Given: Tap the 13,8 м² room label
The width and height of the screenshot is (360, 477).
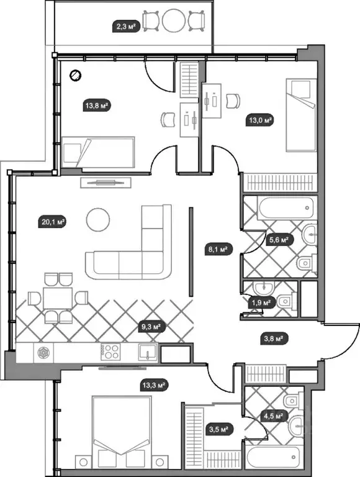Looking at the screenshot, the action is pyautogui.click(x=97, y=106).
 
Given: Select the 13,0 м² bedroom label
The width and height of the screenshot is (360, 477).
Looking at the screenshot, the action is pyautogui.click(x=260, y=120).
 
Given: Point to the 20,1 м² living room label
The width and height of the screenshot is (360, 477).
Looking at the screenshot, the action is pyautogui.click(x=53, y=222).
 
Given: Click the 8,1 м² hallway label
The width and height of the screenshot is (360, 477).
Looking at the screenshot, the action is pyautogui.click(x=218, y=250).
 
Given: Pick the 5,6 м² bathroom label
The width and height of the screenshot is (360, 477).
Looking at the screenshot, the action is pyautogui.click(x=279, y=240).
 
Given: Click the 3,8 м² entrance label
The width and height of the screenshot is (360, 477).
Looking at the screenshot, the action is pyautogui.click(x=274, y=338).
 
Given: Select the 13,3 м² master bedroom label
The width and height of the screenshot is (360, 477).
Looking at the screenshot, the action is pyautogui.click(x=154, y=386).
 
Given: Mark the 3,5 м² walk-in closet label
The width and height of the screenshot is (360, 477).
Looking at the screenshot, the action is pyautogui.click(x=219, y=430).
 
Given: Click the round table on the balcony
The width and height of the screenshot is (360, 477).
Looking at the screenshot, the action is pyautogui.click(x=173, y=20).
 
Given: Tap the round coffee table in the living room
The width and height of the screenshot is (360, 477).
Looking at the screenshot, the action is pyautogui.click(x=98, y=220).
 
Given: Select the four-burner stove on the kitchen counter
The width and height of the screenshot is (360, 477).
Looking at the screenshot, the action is pyautogui.click(x=110, y=352).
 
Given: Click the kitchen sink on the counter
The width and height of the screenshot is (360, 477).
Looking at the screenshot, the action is pyautogui.click(x=148, y=352).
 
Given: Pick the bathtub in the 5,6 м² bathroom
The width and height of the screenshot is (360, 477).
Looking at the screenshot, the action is pyautogui.click(x=286, y=208).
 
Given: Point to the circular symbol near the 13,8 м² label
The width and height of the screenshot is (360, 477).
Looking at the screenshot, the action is pyautogui.click(x=75, y=75).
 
